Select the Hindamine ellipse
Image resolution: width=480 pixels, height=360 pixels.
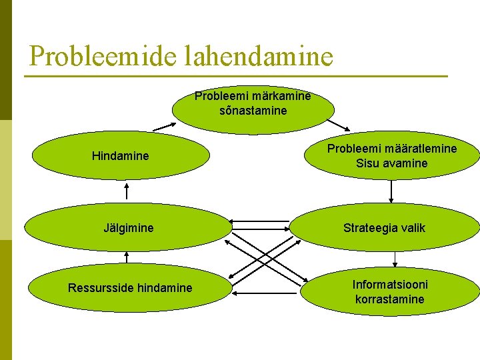[x=121, y=157]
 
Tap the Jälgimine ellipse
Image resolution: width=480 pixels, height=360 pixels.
[x=128, y=228]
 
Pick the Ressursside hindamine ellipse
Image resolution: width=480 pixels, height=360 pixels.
[x=130, y=288]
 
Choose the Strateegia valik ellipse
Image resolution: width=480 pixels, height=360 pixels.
[x=385, y=228]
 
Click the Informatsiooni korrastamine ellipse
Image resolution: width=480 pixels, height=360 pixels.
[x=390, y=291]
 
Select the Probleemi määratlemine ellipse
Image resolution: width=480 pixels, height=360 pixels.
[x=392, y=156]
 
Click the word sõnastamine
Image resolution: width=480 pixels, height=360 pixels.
[x=253, y=111]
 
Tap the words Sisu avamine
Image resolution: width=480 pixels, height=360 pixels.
[x=392, y=163]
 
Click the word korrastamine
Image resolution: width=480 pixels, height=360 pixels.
[x=390, y=299]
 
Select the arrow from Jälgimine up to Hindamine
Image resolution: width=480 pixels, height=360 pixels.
[x=127, y=191]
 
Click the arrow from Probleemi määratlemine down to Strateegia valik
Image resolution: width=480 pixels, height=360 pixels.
[x=391, y=191]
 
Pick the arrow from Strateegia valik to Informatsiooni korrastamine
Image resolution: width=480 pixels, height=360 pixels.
[x=395, y=259]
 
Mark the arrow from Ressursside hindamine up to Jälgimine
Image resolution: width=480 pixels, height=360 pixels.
[x=127, y=257]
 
